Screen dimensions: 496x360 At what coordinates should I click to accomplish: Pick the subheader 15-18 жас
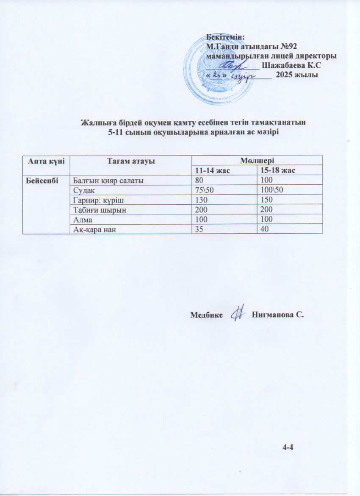coord(276,170)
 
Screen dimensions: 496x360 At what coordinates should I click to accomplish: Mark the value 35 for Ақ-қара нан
coord(198,229)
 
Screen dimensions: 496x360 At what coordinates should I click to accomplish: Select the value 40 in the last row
coord(264,229)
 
